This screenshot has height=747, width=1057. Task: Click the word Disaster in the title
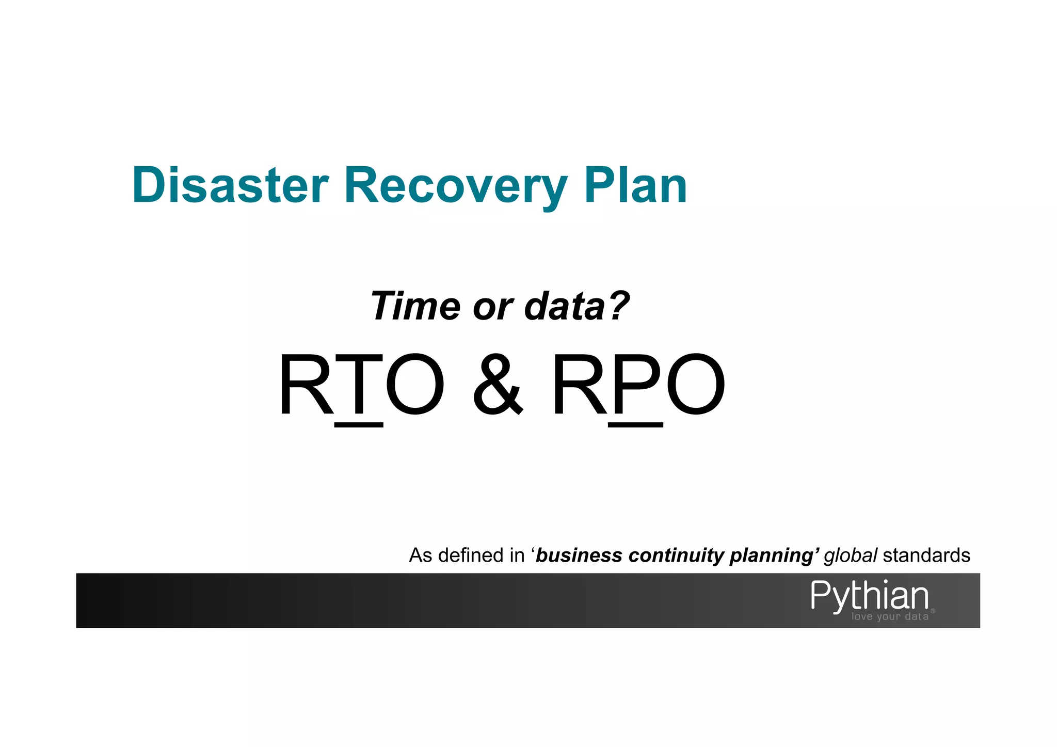[230, 185]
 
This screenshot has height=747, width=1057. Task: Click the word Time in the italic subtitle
[415, 306]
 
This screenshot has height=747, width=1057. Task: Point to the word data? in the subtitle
[576, 306]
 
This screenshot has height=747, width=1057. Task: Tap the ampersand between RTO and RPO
[498, 385]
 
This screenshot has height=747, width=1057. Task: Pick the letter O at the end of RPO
[695, 385]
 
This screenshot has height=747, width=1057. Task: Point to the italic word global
[850, 555]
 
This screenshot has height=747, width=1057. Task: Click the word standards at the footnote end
[926, 555]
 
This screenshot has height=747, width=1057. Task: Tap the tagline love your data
[890, 616]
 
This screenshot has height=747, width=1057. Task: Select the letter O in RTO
[414, 385]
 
